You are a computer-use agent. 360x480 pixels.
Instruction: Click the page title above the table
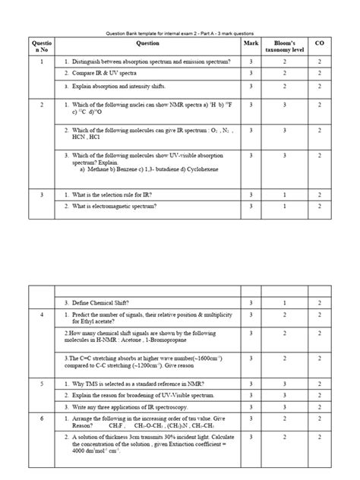tap(179, 33)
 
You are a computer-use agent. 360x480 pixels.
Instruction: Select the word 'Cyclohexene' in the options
tap(201, 169)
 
